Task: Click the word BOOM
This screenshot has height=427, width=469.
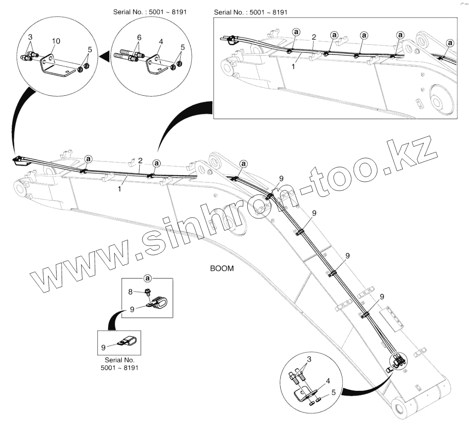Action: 222,269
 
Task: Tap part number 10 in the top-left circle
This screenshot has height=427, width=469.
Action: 56,41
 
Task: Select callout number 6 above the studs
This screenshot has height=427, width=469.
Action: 139,37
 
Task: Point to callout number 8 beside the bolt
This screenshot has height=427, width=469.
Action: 131,291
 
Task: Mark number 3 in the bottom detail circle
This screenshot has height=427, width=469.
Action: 309,359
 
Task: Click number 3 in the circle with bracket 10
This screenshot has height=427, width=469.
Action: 30,37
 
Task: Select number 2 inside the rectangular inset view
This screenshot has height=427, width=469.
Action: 313,37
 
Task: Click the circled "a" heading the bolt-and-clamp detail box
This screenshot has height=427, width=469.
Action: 148,278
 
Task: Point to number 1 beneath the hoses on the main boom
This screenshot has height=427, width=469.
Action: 120,188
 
